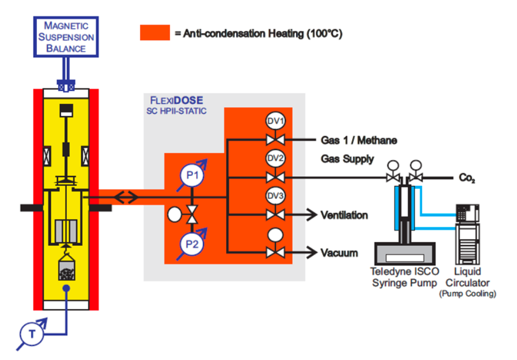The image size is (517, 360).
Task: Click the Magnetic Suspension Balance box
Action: click(65, 37)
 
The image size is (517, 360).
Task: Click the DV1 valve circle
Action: click(275, 121)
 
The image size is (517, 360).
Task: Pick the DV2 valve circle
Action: click(275, 157)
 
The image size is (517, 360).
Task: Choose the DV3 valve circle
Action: click(275, 194)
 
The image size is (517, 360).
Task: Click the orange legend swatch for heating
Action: click(155, 32)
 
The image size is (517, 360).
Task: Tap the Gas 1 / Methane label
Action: click(353, 140)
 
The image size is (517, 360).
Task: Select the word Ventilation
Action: click(344, 215)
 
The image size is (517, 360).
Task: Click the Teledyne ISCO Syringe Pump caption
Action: click(404, 277)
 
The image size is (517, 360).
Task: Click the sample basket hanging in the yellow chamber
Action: click(65, 271)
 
